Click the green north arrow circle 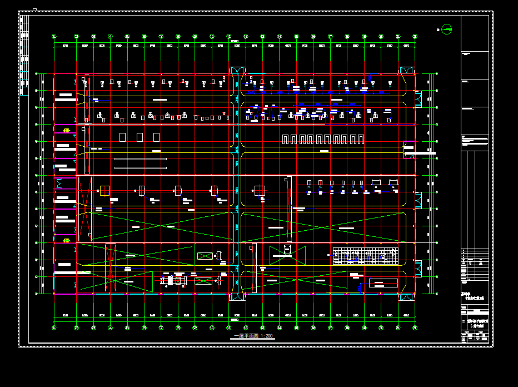[447, 29]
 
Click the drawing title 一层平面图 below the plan [245, 336]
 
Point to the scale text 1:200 [265, 336]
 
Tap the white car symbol [287, 250]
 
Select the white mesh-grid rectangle [365, 256]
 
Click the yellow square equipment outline [104, 190]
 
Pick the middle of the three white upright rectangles [140, 137]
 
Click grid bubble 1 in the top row [54, 37]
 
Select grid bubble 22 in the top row [415, 37]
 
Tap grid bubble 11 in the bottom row [212, 328]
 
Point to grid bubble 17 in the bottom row [330, 328]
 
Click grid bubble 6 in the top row [144, 37]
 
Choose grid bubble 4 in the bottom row [110, 328]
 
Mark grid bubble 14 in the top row [280, 37]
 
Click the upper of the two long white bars [140, 160]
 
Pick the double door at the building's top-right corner [406, 71]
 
